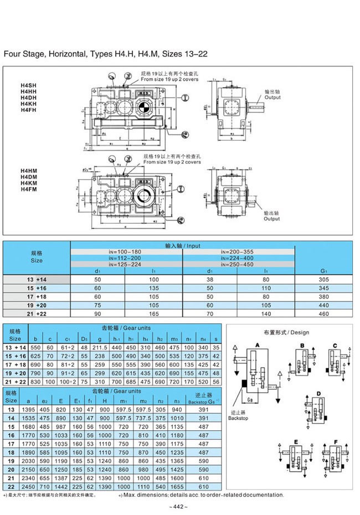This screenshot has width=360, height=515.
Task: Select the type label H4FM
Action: point(27,189)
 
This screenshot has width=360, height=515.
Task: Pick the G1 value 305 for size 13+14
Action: point(324,280)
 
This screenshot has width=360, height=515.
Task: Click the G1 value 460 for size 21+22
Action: point(324,313)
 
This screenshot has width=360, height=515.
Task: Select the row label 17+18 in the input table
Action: point(37,297)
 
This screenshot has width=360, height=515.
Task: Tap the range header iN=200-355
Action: point(238,251)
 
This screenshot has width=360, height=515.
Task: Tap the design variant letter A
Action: point(257,344)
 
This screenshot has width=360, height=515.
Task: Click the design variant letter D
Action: point(318,393)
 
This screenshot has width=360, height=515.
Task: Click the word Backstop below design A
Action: point(238,418)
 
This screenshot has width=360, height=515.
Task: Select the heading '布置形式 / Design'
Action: point(286,332)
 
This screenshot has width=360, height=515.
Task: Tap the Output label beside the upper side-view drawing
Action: point(272,97)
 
